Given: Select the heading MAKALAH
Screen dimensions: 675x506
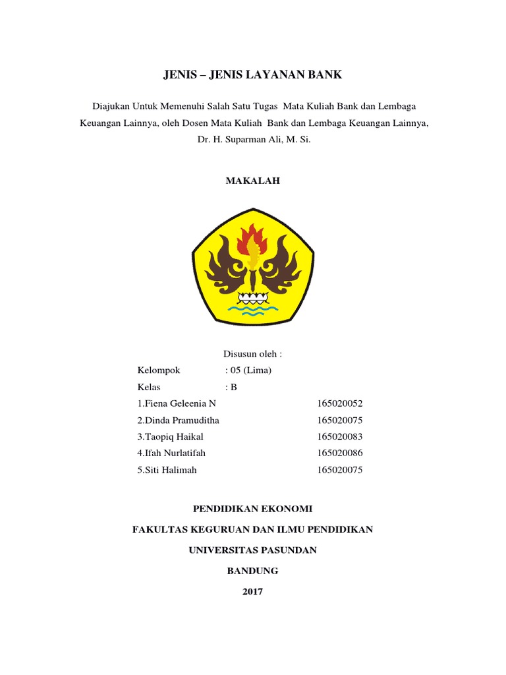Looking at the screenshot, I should (253, 181).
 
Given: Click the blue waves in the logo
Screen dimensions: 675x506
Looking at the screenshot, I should (253, 308).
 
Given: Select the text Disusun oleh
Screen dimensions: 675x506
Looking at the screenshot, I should (252, 354).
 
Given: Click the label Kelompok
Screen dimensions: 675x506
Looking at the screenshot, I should (159, 370).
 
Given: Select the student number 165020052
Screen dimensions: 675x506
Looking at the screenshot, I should (340, 403).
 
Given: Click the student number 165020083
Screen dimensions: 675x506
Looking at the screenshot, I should (340, 436).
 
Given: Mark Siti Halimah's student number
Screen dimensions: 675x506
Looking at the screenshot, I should (340, 470).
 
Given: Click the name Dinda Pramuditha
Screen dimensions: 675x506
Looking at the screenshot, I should (178, 420).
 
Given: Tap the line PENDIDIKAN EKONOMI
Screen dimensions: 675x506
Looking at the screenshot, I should (252, 509).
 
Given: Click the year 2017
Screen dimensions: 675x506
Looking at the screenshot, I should (252, 591).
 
